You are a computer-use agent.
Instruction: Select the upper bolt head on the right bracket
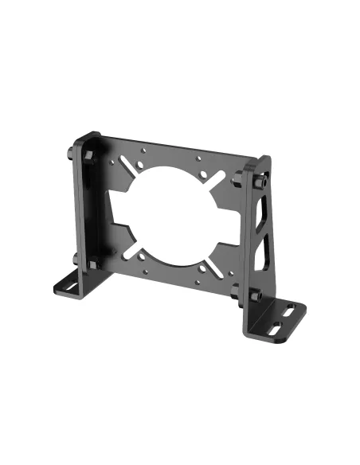[259, 182]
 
